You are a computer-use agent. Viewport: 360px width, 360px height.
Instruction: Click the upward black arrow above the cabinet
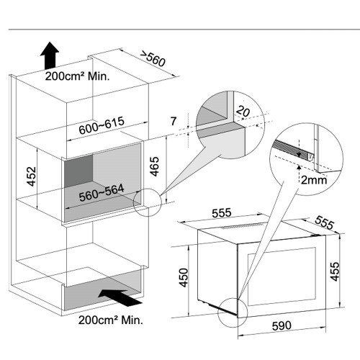50,55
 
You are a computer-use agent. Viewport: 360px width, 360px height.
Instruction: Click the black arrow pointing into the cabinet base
120,297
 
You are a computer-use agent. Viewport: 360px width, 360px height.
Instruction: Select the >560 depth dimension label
153,58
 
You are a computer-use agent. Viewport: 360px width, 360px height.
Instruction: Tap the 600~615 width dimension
102,125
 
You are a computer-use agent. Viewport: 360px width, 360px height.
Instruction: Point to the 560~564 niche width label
102,193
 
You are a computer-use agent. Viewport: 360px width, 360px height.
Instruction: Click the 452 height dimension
32,176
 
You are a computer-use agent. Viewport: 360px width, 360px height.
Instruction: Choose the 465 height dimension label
155,166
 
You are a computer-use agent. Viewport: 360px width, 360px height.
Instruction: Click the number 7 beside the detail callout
174,121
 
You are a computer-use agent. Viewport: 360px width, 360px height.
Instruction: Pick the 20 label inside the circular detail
243,112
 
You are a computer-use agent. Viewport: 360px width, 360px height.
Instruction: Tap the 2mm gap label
314,180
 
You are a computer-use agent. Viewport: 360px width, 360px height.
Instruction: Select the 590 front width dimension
282,326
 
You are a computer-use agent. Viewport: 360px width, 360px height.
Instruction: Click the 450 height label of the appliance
184,277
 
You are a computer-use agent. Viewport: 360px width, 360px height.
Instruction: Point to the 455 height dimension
336,271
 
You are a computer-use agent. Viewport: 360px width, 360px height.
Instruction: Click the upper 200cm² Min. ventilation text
77,76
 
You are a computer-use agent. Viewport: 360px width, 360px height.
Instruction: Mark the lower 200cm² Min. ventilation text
111,320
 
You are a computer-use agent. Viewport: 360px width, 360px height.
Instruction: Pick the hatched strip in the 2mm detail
290,150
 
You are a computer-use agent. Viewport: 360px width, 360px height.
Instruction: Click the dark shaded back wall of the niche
78,171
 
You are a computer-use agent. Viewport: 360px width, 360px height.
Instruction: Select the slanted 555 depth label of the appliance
325,222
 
